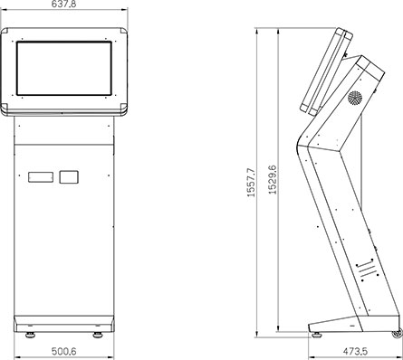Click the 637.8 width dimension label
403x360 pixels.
tap(64, 4)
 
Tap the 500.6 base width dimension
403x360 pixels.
tap(63, 351)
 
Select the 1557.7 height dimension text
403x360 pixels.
tap(251, 183)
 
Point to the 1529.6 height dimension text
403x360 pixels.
tap(273, 179)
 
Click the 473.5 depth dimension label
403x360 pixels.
tap(355, 351)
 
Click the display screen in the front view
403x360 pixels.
tap(64, 69)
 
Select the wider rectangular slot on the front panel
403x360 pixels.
tap(41, 177)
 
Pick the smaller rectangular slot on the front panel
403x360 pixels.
tap(69, 177)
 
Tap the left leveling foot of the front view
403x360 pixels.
tap(30, 335)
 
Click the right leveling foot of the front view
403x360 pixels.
tap(98, 335)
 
